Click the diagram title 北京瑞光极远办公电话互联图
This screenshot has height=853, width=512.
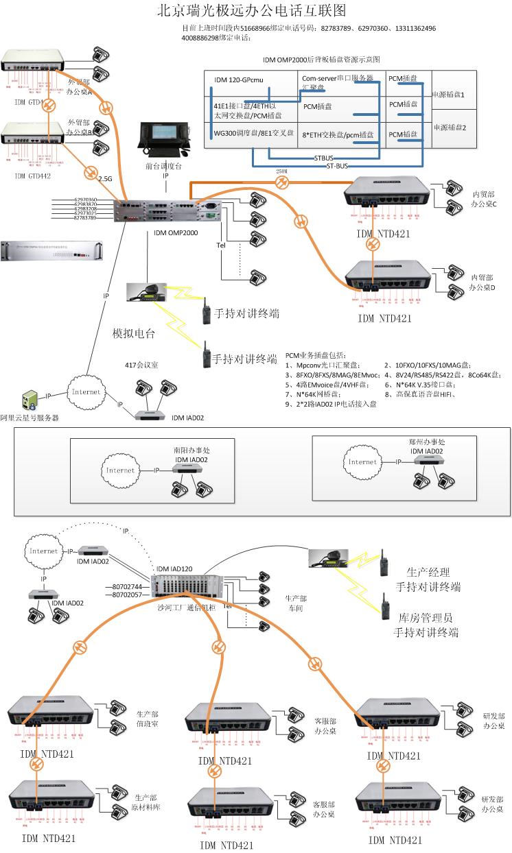coord(251,11)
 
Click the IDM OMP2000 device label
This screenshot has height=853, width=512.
coord(172,233)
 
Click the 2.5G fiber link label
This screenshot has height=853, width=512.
coord(105,178)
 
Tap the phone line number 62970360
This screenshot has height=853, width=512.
coord(86,200)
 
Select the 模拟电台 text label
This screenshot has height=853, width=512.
coord(134,335)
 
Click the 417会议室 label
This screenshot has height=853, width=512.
coord(141,365)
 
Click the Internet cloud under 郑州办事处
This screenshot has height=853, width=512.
coord(362,462)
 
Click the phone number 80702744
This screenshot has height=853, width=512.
coord(128,587)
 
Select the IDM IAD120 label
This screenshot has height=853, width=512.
coord(175,569)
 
